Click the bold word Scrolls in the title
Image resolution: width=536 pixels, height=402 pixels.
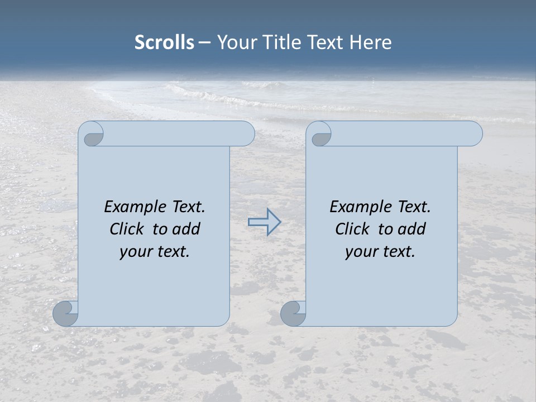point(164,42)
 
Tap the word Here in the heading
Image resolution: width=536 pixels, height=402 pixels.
point(370,42)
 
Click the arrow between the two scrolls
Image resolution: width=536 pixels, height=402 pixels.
point(264,222)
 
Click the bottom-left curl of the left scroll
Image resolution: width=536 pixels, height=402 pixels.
point(66,313)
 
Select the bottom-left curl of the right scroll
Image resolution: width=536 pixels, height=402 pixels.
point(294,313)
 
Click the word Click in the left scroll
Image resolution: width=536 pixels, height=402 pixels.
point(126,229)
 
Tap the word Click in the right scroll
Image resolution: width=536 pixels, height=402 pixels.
point(352,229)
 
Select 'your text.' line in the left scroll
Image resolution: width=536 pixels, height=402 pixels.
point(155,252)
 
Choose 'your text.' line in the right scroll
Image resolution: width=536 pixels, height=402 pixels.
point(380,252)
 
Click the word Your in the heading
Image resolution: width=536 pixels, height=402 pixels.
point(234,42)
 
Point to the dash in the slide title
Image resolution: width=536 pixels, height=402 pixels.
point(204,42)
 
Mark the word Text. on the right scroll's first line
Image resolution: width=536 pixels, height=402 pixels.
point(414,207)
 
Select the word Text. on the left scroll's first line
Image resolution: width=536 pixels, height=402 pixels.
point(188,207)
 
